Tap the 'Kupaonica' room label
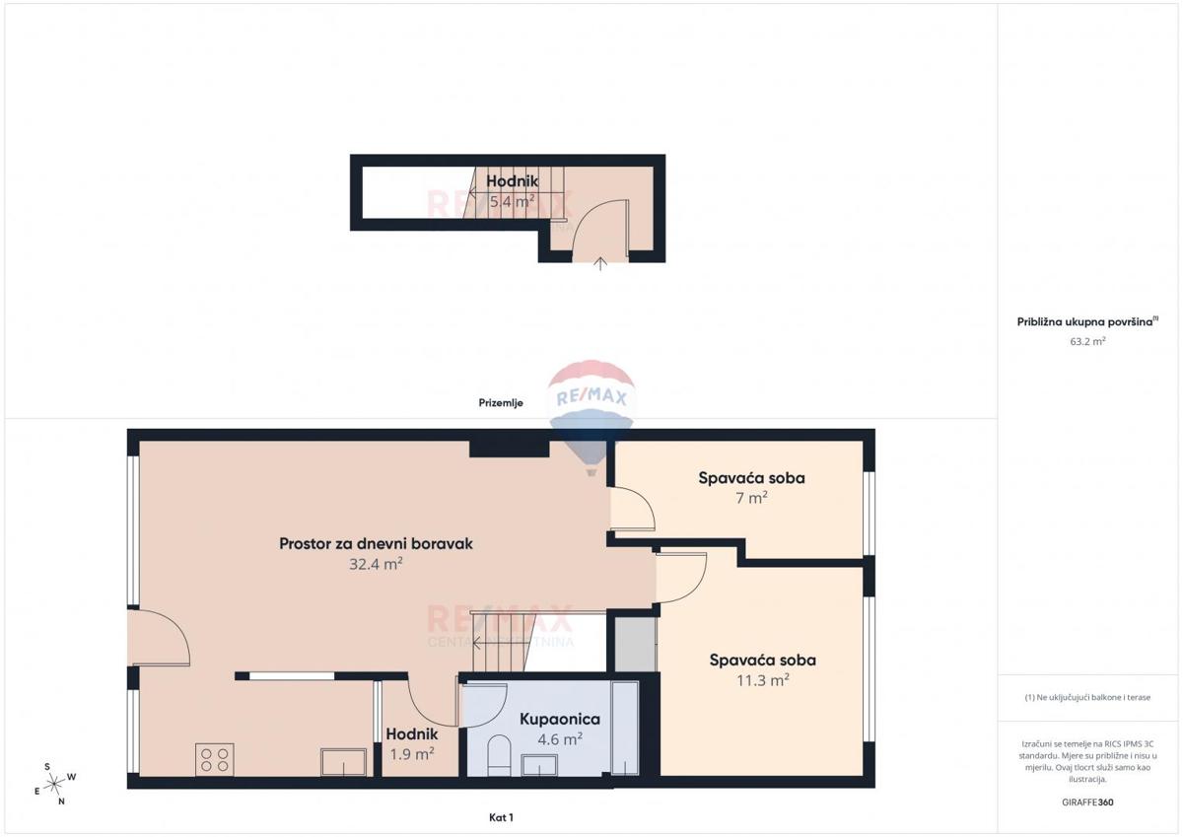click(x=559, y=720)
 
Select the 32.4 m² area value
click(x=376, y=564)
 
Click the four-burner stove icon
click(x=215, y=759)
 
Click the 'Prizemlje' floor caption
click(x=498, y=402)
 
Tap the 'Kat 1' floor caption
click(x=501, y=816)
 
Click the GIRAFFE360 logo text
click(x=1087, y=802)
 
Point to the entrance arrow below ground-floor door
click(x=601, y=262)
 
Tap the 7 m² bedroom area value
click(x=751, y=498)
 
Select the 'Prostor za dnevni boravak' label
click(x=377, y=543)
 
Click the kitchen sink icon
click(x=343, y=762)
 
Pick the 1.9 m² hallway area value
click(x=411, y=754)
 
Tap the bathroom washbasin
click(x=540, y=765)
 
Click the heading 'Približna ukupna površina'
click(x=1087, y=321)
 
